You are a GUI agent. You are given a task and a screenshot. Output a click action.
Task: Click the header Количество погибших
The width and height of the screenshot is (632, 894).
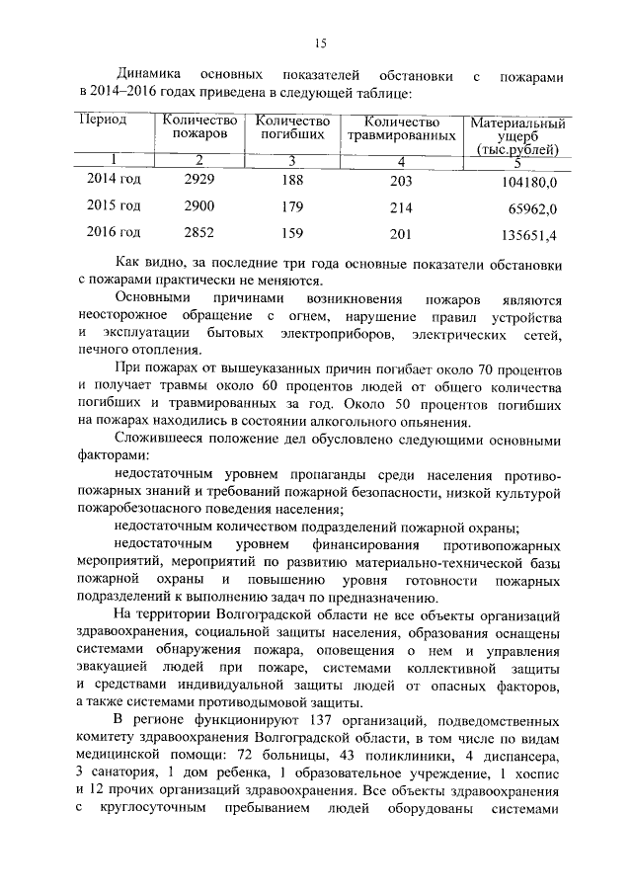291,127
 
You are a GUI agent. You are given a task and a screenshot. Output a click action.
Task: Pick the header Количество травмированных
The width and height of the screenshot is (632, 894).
401,127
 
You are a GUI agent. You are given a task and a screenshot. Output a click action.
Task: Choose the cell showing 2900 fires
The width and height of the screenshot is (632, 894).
199,207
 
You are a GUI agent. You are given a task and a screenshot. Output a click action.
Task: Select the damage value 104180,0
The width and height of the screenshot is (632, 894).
529,183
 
